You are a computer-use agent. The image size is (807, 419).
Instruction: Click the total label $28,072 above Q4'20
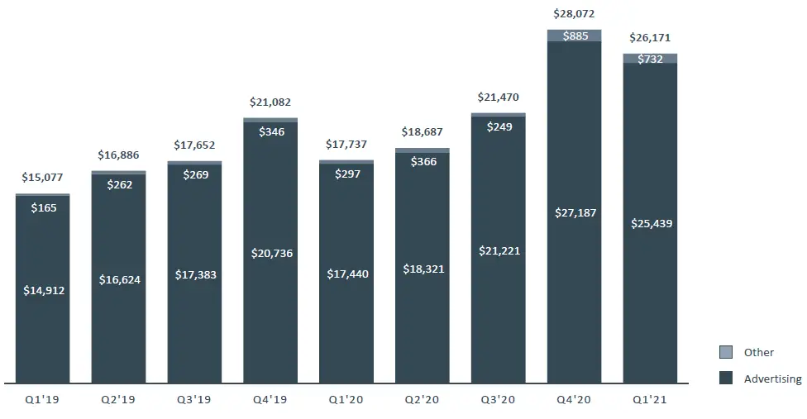(x=574, y=14)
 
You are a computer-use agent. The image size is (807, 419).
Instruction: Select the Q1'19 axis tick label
(x=42, y=399)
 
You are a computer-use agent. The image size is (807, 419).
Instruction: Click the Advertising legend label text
(x=772, y=379)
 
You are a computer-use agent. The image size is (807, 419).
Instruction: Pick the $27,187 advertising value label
(x=574, y=212)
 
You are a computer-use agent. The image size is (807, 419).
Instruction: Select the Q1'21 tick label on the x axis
(x=650, y=399)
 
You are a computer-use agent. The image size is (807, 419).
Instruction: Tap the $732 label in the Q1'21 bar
(x=650, y=59)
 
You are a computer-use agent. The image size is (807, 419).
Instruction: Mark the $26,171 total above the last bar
(x=650, y=38)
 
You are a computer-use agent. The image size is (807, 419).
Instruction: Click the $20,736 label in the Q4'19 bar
(x=270, y=253)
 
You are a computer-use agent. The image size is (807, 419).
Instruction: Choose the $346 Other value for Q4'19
(x=270, y=131)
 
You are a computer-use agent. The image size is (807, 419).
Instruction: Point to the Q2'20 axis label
(x=422, y=399)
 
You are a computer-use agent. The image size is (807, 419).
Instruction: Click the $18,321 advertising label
(x=422, y=269)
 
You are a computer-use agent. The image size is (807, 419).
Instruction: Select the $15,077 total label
(x=42, y=177)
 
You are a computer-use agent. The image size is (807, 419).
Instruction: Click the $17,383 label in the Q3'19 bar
(x=194, y=274)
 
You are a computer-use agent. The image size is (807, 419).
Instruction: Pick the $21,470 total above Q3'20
(x=498, y=98)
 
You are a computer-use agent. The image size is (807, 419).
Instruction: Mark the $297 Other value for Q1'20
(x=346, y=174)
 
